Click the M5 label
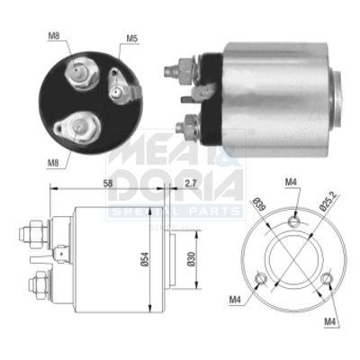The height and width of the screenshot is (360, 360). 131,38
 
